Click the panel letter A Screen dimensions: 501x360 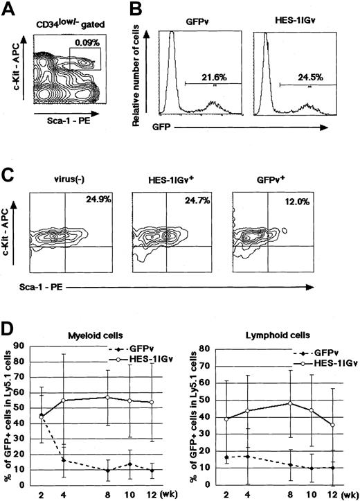point(8,8)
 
